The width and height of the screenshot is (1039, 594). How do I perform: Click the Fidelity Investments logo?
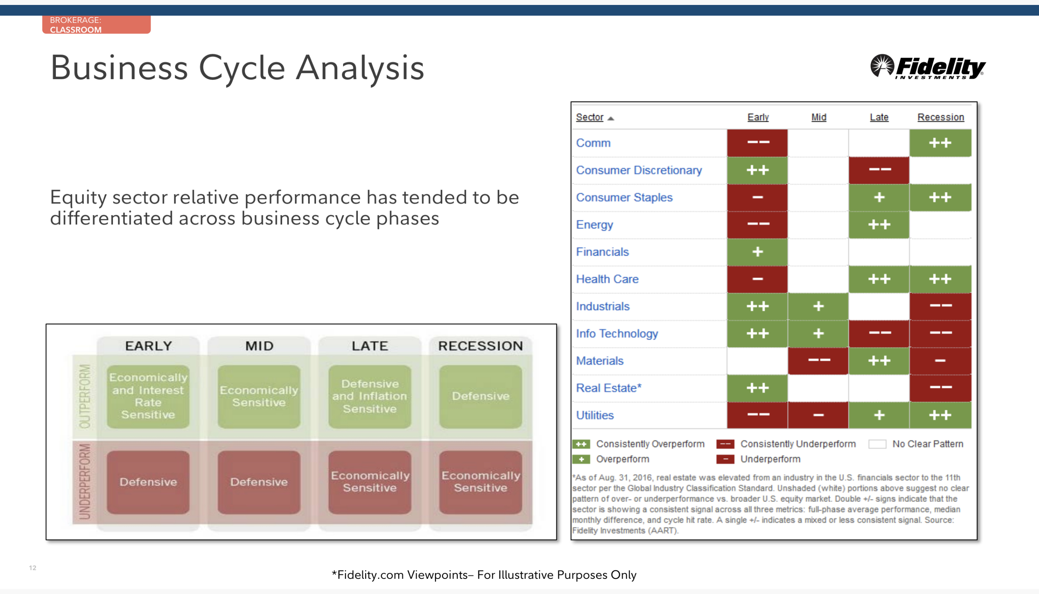click(x=928, y=67)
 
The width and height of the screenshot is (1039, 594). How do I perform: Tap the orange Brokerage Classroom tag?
click(x=96, y=24)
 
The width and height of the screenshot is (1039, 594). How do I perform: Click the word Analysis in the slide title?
click(x=360, y=68)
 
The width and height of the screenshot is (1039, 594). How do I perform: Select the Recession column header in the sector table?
click(x=941, y=117)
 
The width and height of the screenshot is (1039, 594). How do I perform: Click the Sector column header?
click(x=589, y=118)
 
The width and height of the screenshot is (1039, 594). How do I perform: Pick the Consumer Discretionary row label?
click(x=639, y=170)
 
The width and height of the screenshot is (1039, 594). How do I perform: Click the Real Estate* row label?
click(x=608, y=388)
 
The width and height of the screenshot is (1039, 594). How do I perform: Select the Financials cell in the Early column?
click(x=758, y=252)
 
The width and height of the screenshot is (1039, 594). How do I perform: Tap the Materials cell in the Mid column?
click(x=818, y=361)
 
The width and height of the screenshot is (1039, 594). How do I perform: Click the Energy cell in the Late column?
click(x=879, y=225)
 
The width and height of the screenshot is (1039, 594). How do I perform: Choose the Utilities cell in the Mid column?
click(x=818, y=415)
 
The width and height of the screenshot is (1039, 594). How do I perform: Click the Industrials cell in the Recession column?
click(x=940, y=307)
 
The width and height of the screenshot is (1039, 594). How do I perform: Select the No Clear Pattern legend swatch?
click(x=877, y=444)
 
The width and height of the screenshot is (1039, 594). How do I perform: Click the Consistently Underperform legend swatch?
click(x=725, y=444)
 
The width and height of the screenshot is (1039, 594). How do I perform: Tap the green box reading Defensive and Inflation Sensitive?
click(x=370, y=397)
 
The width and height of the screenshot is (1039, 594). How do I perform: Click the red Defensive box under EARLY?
click(x=148, y=482)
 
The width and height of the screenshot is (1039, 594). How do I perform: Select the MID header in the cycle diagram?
click(x=259, y=346)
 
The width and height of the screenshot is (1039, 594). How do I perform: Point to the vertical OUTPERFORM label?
click(x=85, y=396)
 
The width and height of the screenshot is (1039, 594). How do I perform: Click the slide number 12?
click(x=33, y=568)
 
